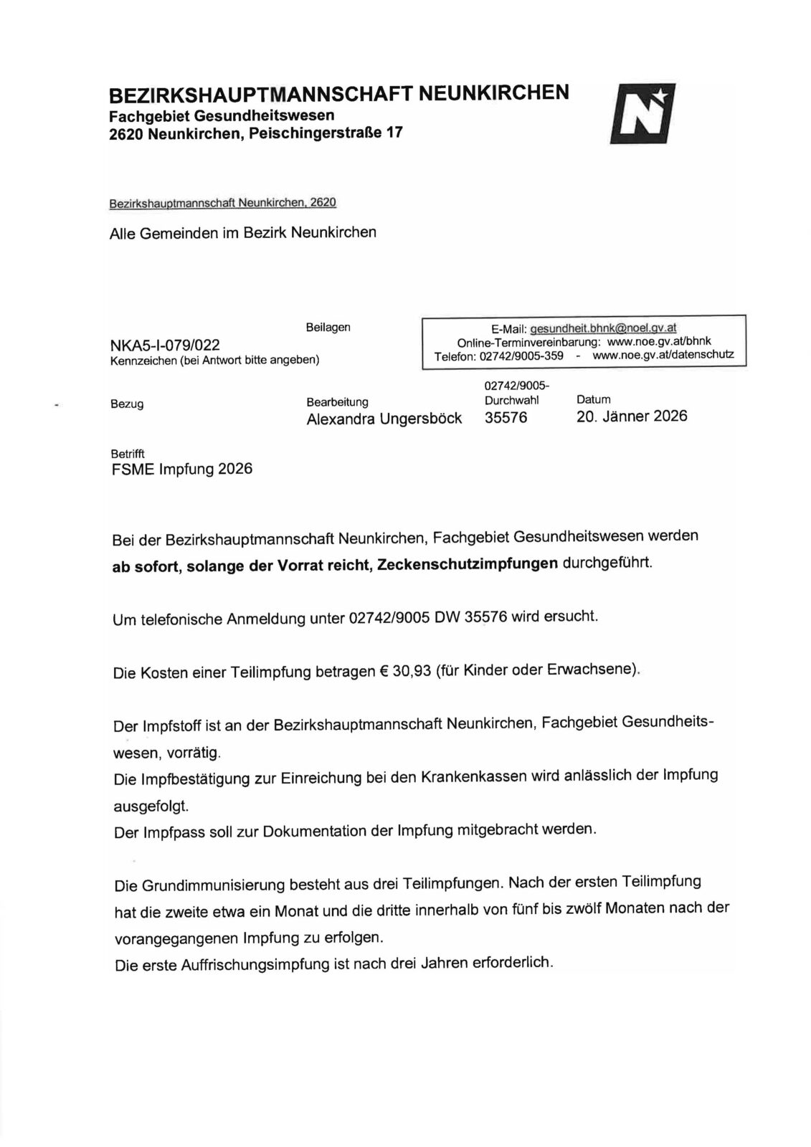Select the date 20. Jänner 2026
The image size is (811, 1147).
(631, 416)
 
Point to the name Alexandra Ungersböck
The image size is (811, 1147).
(384, 418)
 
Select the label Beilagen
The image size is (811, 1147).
(328, 327)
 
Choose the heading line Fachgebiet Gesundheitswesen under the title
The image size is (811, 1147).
(221, 115)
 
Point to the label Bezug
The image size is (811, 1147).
(126, 404)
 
